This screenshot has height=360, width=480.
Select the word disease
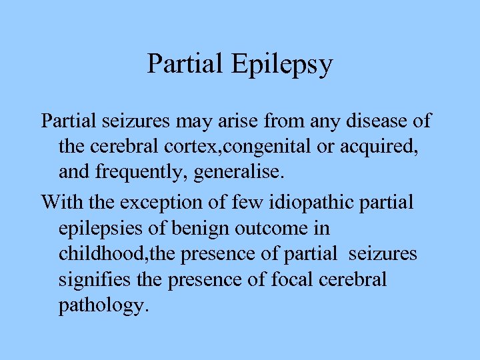point(377,122)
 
